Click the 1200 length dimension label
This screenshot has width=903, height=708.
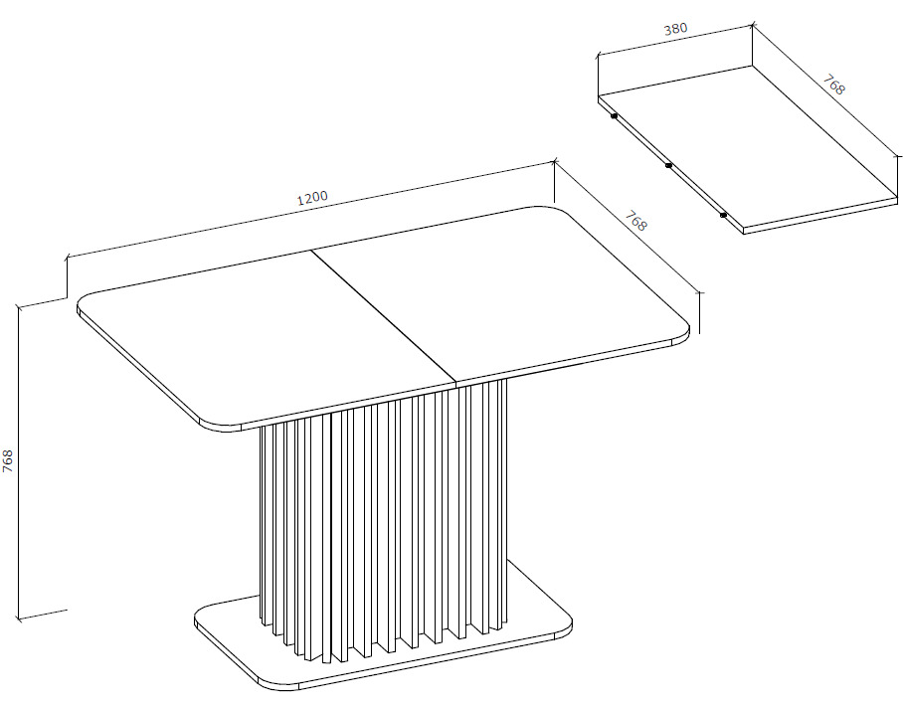312,198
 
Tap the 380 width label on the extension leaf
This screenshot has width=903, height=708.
675,29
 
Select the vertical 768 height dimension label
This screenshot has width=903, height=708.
8,461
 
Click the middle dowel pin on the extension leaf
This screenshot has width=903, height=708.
668,166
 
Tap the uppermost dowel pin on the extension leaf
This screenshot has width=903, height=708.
614,116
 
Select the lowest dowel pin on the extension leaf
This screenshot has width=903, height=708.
723,215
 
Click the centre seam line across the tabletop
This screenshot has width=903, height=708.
384,316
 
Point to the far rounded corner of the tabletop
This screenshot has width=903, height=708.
553,209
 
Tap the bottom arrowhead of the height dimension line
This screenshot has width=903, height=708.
19,618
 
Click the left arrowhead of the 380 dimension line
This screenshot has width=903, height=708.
599,56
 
